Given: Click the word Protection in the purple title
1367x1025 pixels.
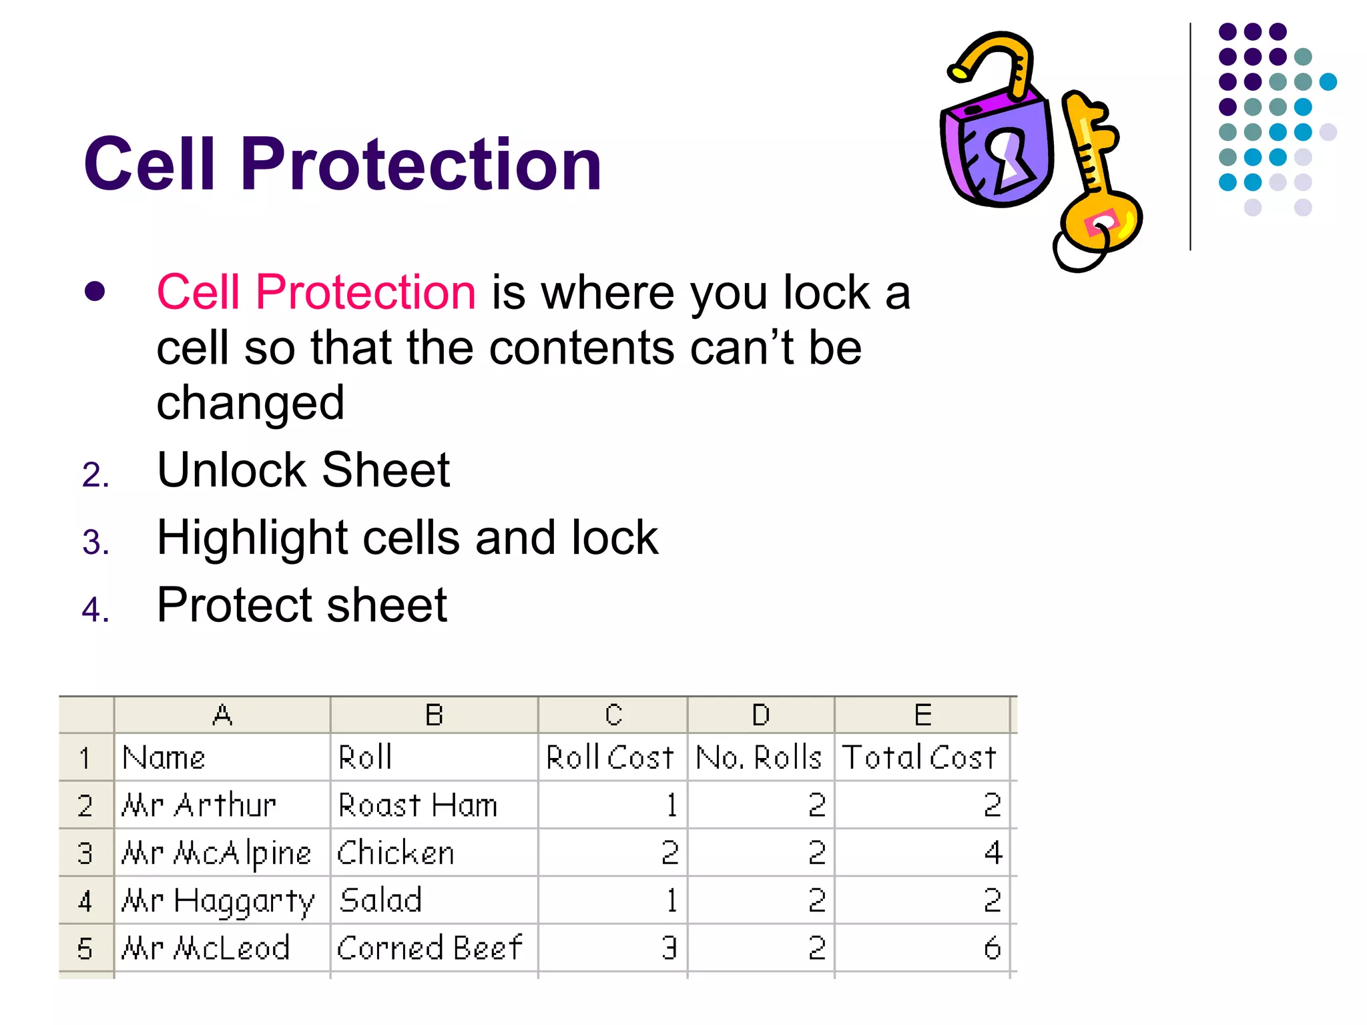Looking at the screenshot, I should coord(421,164).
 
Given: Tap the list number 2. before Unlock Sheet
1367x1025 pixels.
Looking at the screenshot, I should coord(95,475).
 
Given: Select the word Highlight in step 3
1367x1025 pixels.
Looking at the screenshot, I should coord(252,538).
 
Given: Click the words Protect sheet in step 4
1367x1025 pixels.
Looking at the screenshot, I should coord(302,605).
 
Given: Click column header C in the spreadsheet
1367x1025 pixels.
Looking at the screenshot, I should coord(613,715).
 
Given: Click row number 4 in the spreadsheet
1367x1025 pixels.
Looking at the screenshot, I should coord(85,902).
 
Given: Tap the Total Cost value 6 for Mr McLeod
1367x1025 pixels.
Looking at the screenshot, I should coord(992,948).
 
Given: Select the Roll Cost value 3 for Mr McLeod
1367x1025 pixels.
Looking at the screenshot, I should coord(669,948).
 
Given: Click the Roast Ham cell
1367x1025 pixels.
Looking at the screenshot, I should coord(419,805).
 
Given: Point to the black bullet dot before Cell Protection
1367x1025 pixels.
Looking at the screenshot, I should coord(95,292).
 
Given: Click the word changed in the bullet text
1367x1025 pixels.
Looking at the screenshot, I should coord(250,403).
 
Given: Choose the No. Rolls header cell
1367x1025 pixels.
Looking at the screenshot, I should coord(759,757).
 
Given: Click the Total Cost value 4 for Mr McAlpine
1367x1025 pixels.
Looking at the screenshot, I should coord(993,853).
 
